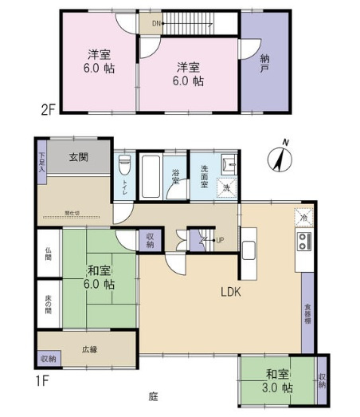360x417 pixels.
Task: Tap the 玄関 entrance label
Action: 77,157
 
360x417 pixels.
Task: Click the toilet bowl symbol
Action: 123,167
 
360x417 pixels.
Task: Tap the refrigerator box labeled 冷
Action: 303,216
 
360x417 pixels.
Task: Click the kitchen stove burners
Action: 303,241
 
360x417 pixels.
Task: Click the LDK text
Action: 230,292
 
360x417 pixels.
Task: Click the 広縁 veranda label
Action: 88,348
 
